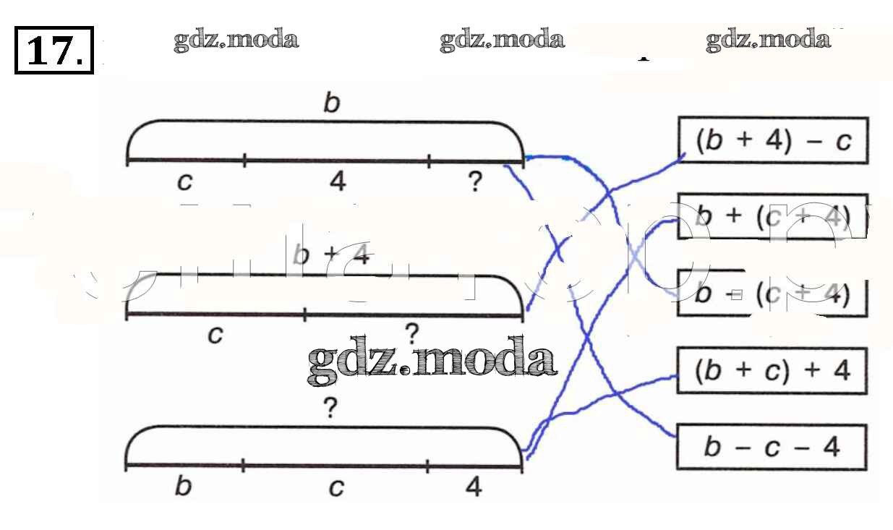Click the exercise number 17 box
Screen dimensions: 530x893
tap(54, 50)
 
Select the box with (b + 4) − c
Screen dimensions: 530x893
tap(772, 141)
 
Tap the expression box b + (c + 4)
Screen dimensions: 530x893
tap(772, 216)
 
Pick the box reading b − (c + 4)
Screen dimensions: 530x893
tap(772, 293)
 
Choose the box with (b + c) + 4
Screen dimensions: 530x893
tap(772, 370)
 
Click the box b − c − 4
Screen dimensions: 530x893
tap(772, 447)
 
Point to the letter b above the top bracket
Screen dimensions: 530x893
tap(331, 104)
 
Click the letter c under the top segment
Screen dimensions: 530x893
tap(185, 182)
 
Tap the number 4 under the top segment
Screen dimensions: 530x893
tap(337, 181)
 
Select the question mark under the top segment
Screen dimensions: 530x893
tap(474, 181)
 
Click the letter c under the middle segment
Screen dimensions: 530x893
tap(215, 335)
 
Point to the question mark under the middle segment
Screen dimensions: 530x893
tap(411, 334)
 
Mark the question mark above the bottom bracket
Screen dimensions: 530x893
tap(330, 409)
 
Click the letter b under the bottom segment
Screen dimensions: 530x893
tap(184, 487)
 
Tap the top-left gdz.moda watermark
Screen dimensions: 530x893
tap(236, 40)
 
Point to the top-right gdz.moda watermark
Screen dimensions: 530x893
tap(768, 40)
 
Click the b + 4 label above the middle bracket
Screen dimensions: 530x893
tap(331, 256)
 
